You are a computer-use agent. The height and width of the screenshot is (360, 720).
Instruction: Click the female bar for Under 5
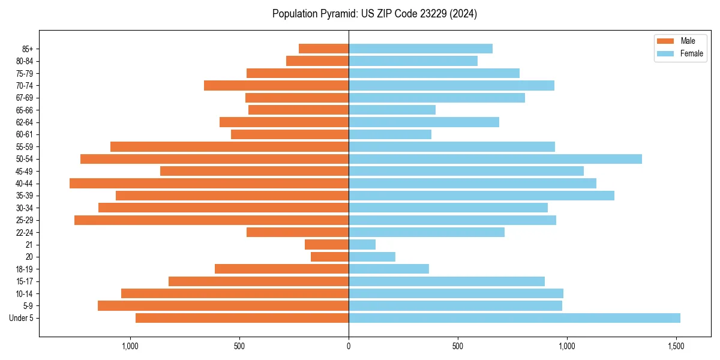coord(514,318)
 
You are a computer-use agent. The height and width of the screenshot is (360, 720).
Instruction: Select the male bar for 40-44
coord(209,184)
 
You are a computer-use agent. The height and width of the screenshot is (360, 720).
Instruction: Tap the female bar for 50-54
coord(495,159)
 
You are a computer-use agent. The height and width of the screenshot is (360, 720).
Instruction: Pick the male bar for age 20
coord(329,257)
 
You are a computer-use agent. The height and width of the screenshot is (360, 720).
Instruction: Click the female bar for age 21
coord(362,245)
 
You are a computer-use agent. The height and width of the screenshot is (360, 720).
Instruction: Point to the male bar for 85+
coord(323,49)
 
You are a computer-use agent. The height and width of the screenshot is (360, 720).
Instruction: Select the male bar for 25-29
coord(211,220)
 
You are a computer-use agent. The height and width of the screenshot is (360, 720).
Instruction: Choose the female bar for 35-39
coord(481,196)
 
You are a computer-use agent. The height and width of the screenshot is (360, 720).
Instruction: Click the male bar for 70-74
coord(276,86)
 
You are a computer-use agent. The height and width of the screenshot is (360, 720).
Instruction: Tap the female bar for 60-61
coord(390,134)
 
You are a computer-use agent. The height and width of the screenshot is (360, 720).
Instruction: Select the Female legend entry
coord(680,53)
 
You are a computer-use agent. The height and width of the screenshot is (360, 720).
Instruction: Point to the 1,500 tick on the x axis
coord(676,346)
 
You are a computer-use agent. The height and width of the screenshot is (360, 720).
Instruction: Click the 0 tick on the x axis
coord(349,346)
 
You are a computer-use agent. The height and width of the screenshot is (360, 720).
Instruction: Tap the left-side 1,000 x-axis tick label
coord(130,346)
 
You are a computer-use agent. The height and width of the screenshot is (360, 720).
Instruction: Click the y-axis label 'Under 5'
coord(22,318)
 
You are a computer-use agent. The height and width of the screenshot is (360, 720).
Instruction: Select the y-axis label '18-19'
coord(25,269)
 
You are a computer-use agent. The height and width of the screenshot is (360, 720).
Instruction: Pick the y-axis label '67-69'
coord(25,98)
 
